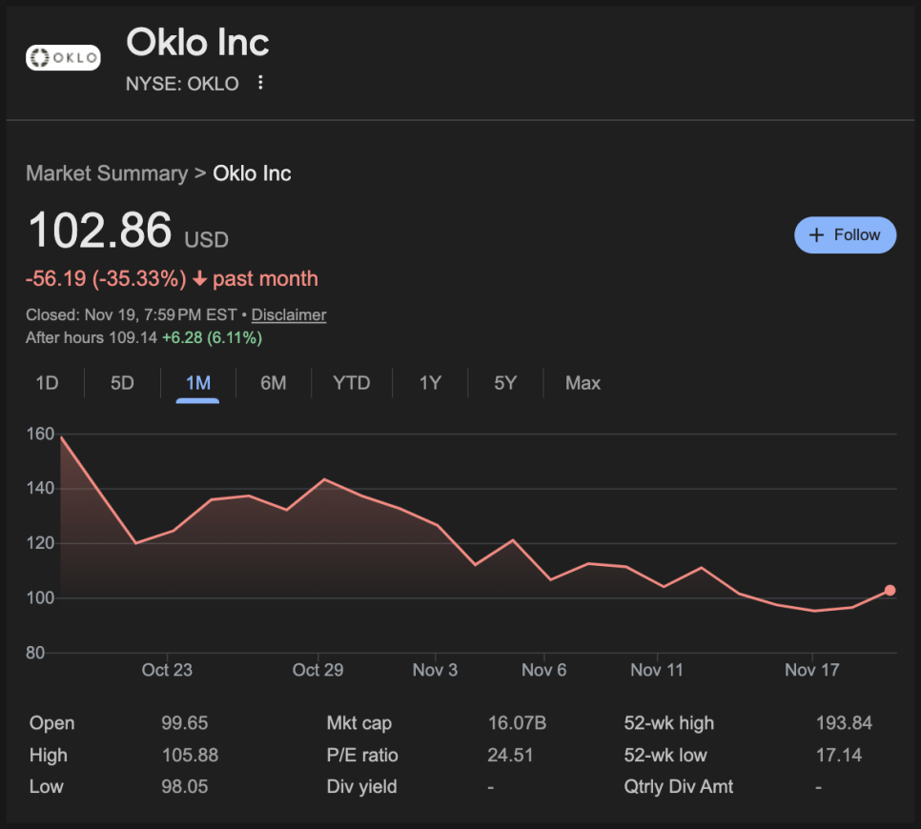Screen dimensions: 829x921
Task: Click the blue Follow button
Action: click(845, 234)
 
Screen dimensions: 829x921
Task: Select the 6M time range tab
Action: click(273, 383)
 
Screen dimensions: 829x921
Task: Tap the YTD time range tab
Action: click(351, 383)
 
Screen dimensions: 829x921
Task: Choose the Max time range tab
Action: click(583, 383)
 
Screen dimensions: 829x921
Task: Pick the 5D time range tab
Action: click(122, 383)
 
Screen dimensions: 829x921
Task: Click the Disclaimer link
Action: click(289, 314)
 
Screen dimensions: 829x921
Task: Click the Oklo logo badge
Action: click(63, 58)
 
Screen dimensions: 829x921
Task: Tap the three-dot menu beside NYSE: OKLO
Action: click(260, 83)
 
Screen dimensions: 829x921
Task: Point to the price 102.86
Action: click(100, 231)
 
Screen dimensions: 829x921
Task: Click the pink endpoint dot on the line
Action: click(890, 591)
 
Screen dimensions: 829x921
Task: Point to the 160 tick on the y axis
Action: click(41, 435)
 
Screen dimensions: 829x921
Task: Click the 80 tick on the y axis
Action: click(35, 654)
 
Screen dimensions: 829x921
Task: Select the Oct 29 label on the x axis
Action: click(317, 670)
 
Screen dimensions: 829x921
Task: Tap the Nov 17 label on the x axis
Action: click(811, 670)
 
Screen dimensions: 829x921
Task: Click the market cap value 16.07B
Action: click(517, 723)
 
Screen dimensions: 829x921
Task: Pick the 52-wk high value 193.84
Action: click(844, 723)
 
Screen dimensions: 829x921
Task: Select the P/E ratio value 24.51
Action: click(510, 756)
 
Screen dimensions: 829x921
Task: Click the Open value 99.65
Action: click(185, 723)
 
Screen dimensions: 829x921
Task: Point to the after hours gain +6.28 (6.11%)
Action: click(212, 338)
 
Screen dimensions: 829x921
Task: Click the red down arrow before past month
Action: click(199, 279)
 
